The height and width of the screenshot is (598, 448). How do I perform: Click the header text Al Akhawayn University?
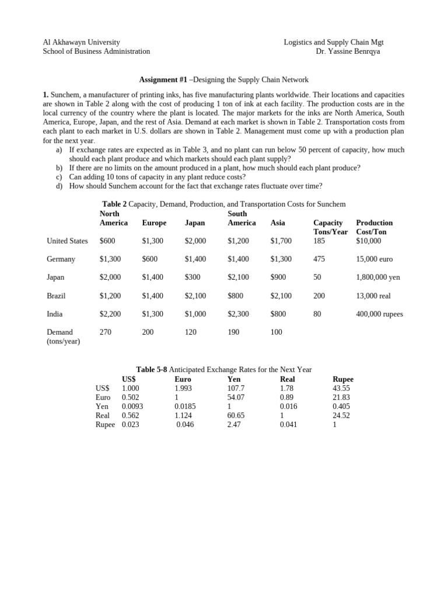[x=82, y=42]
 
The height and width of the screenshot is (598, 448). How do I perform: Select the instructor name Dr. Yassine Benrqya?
[x=348, y=51]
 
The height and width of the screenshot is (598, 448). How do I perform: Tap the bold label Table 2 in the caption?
[x=114, y=204]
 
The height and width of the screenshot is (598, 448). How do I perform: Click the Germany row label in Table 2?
[x=61, y=259]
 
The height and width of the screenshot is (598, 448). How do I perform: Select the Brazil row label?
[x=57, y=296]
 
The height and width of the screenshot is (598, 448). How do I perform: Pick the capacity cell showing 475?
[x=319, y=259]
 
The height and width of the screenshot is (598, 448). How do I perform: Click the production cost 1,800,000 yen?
[x=378, y=277]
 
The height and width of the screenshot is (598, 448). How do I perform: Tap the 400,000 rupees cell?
[x=379, y=314]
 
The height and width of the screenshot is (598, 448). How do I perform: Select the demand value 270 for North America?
[x=106, y=332]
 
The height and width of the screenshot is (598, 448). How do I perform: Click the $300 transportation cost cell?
[x=192, y=277]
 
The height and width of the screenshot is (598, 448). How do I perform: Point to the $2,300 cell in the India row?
[x=238, y=314]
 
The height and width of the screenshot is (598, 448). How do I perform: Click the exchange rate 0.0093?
[x=132, y=406]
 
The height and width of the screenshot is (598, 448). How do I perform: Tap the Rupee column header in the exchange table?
[x=343, y=379]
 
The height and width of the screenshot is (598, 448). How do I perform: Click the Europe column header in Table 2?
[x=154, y=223]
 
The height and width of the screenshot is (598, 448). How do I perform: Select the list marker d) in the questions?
[x=60, y=187]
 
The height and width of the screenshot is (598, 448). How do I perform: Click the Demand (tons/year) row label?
[x=63, y=337]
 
